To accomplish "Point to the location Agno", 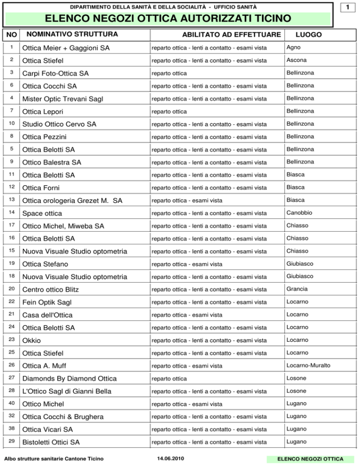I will click(x=293, y=48).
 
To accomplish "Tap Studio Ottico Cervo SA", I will click(x=60, y=124).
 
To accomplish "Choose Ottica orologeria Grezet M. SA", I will click(x=72, y=201).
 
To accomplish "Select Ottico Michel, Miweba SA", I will click(x=63, y=226).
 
